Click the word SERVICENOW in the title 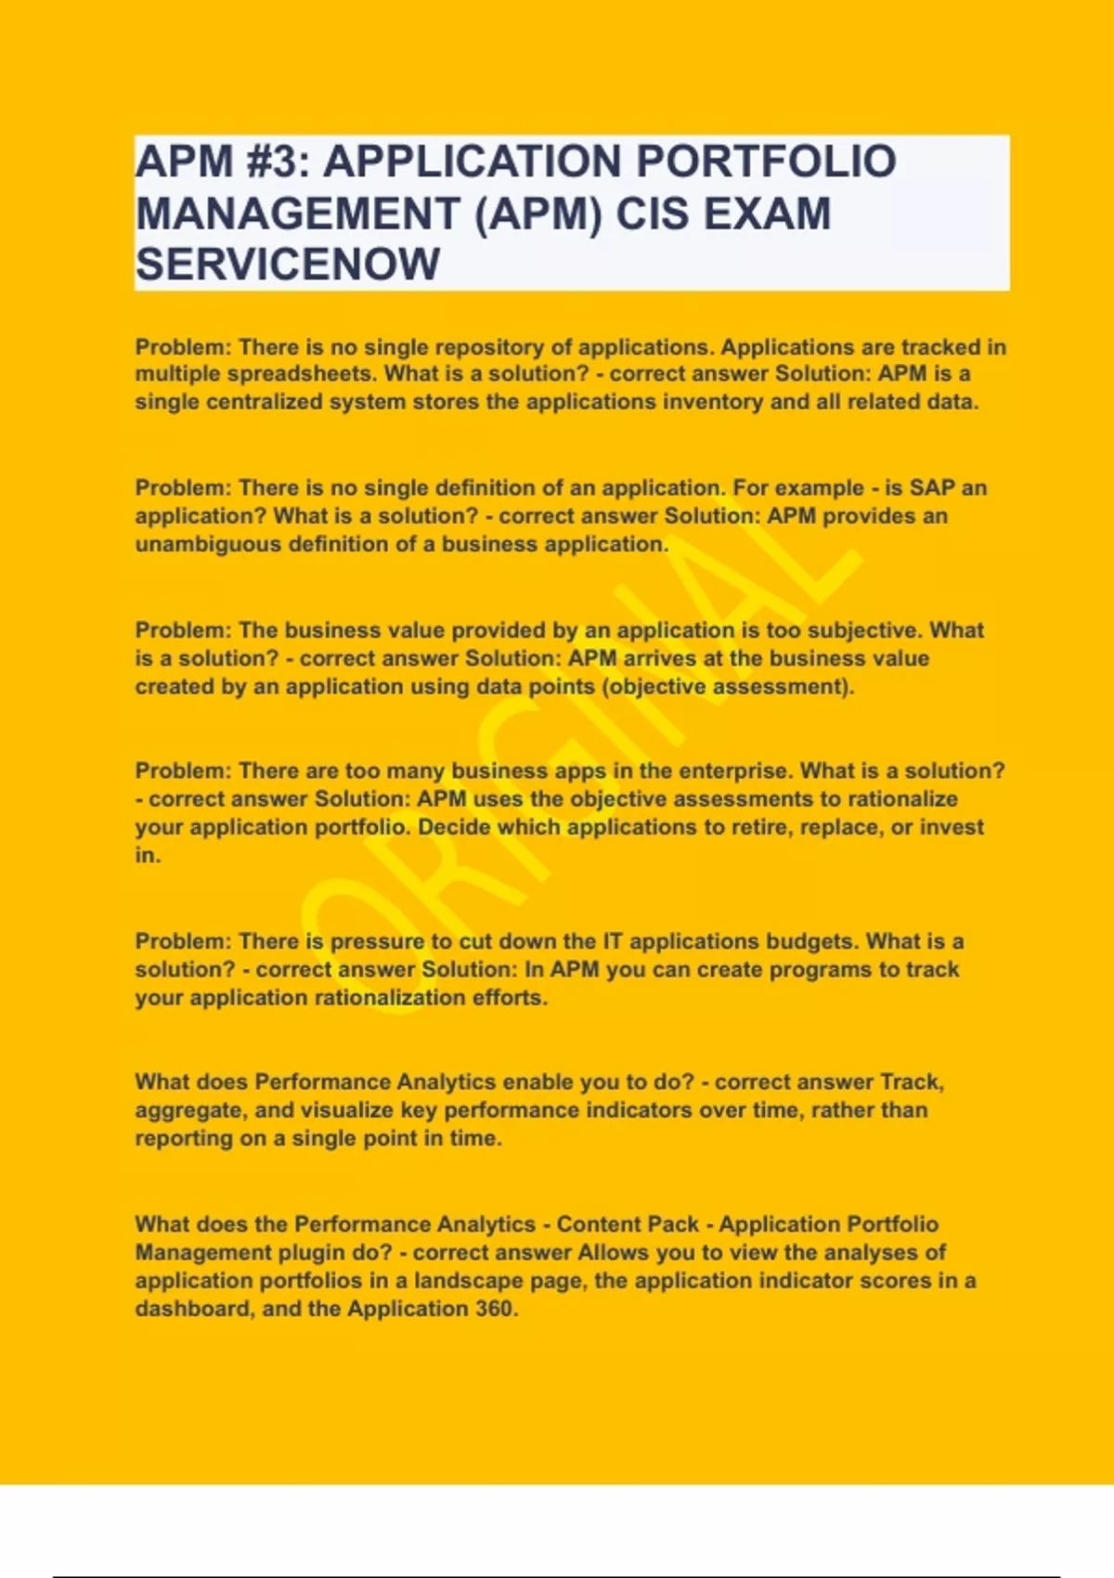tap(288, 265)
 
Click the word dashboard tap(192, 1309)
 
